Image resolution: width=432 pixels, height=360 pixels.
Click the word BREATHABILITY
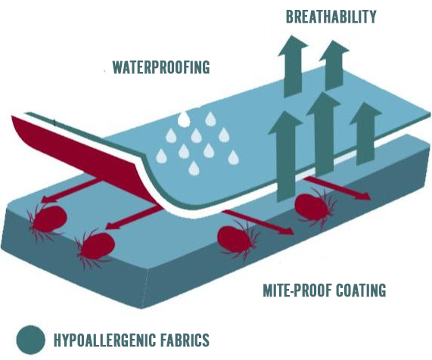click(331, 17)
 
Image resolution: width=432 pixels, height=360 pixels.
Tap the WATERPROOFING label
click(161, 67)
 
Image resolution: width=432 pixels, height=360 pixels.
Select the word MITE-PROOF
click(297, 290)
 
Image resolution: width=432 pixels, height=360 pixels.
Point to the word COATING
click(362, 290)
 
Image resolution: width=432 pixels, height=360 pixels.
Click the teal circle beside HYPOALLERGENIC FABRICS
click(30, 340)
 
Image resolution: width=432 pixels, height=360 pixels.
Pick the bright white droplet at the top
click(184, 119)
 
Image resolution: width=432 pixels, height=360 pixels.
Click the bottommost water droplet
click(194, 169)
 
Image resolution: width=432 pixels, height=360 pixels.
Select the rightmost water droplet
click(233, 157)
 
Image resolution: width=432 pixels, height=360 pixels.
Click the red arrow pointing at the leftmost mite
click(72, 191)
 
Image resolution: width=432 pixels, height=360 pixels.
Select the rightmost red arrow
click(337, 188)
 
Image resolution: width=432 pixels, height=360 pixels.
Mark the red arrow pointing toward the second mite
click(134, 218)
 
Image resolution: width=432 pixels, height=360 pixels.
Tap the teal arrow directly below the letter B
click(293, 66)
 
